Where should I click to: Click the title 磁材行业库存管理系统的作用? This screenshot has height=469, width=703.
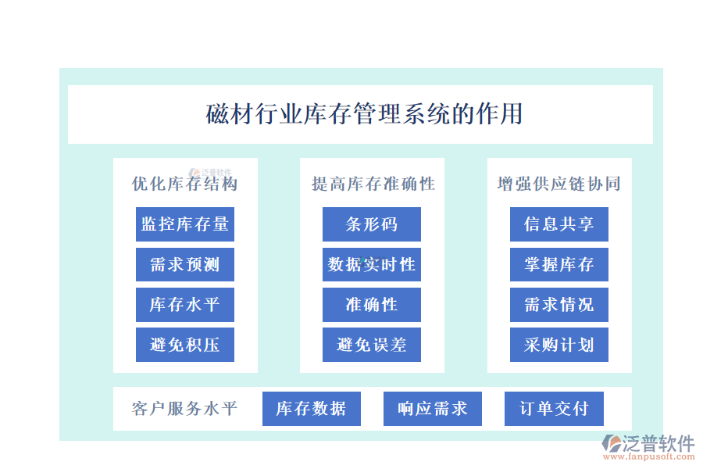(x=364, y=114)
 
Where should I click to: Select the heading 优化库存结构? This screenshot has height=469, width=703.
(x=184, y=184)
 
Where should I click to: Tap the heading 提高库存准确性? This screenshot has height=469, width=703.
(x=373, y=184)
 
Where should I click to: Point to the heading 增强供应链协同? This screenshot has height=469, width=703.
(x=558, y=184)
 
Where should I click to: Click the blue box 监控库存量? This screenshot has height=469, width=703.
(x=185, y=224)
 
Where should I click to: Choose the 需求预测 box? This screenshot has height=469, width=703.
(x=185, y=264)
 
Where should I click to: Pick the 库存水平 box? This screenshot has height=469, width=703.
(x=185, y=305)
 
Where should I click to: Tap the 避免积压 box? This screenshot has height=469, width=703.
(x=185, y=345)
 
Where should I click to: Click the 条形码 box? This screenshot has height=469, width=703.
(x=372, y=224)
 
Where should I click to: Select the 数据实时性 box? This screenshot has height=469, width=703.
(x=372, y=264)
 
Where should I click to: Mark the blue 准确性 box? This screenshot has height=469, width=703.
(x=372, y=305)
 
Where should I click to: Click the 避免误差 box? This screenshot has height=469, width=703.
(x=372, y=345)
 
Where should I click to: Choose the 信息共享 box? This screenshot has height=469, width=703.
(x=559, y=224)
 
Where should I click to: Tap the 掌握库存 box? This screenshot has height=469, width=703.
(x=559, y=264)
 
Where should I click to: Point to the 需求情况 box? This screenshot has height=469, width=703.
(x=559, y=305)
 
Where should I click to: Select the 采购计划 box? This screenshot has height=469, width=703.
(x=559, y=345)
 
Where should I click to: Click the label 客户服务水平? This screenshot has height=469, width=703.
(x=184, y=408)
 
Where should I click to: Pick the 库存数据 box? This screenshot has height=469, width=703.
(x=311, y=408)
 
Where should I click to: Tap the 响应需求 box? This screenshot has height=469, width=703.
(x=433, y=408)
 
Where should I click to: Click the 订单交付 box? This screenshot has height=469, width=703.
(x=554, y=408)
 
